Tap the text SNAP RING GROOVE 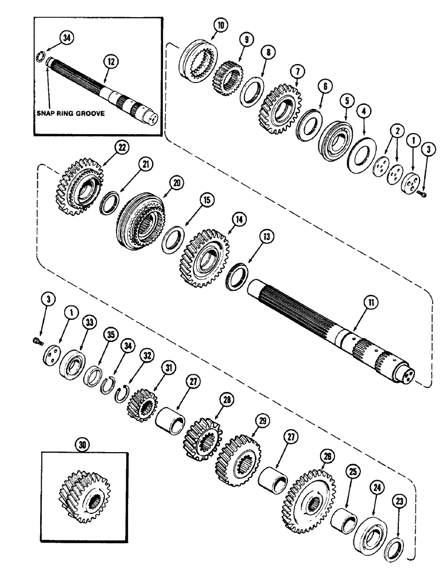tap(71, 113)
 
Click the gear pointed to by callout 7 tap(282, 109)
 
